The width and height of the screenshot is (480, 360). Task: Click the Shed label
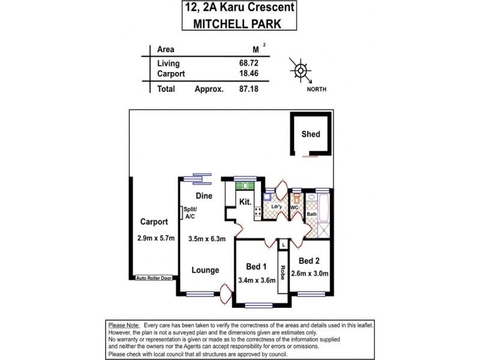click(x=310, y=134)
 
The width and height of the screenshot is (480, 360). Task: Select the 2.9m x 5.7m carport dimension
click(x=155, y=238)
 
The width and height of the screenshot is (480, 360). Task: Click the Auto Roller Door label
click(x=154, y=278)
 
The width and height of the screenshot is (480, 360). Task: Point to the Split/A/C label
click(x=191, y=213)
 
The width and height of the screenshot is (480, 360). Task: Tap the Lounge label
click(x=205, y=270)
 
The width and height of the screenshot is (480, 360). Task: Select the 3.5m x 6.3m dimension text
click(x=207, y=238)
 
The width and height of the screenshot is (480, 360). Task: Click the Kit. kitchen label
click(x=245, y=202)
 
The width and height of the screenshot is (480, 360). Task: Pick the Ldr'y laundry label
click(x=277, y=207)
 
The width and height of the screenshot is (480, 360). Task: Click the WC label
click(x=295, y=208)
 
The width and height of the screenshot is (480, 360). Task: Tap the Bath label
click(x=311, y=214)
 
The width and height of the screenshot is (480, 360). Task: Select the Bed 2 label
click(x=310, y=261)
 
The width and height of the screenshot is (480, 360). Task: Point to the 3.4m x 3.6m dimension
click(x=256, y=279)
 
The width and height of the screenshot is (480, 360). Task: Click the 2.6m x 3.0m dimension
click(x=310, y=274)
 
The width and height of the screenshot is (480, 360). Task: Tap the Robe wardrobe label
click(x=281, y=271)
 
